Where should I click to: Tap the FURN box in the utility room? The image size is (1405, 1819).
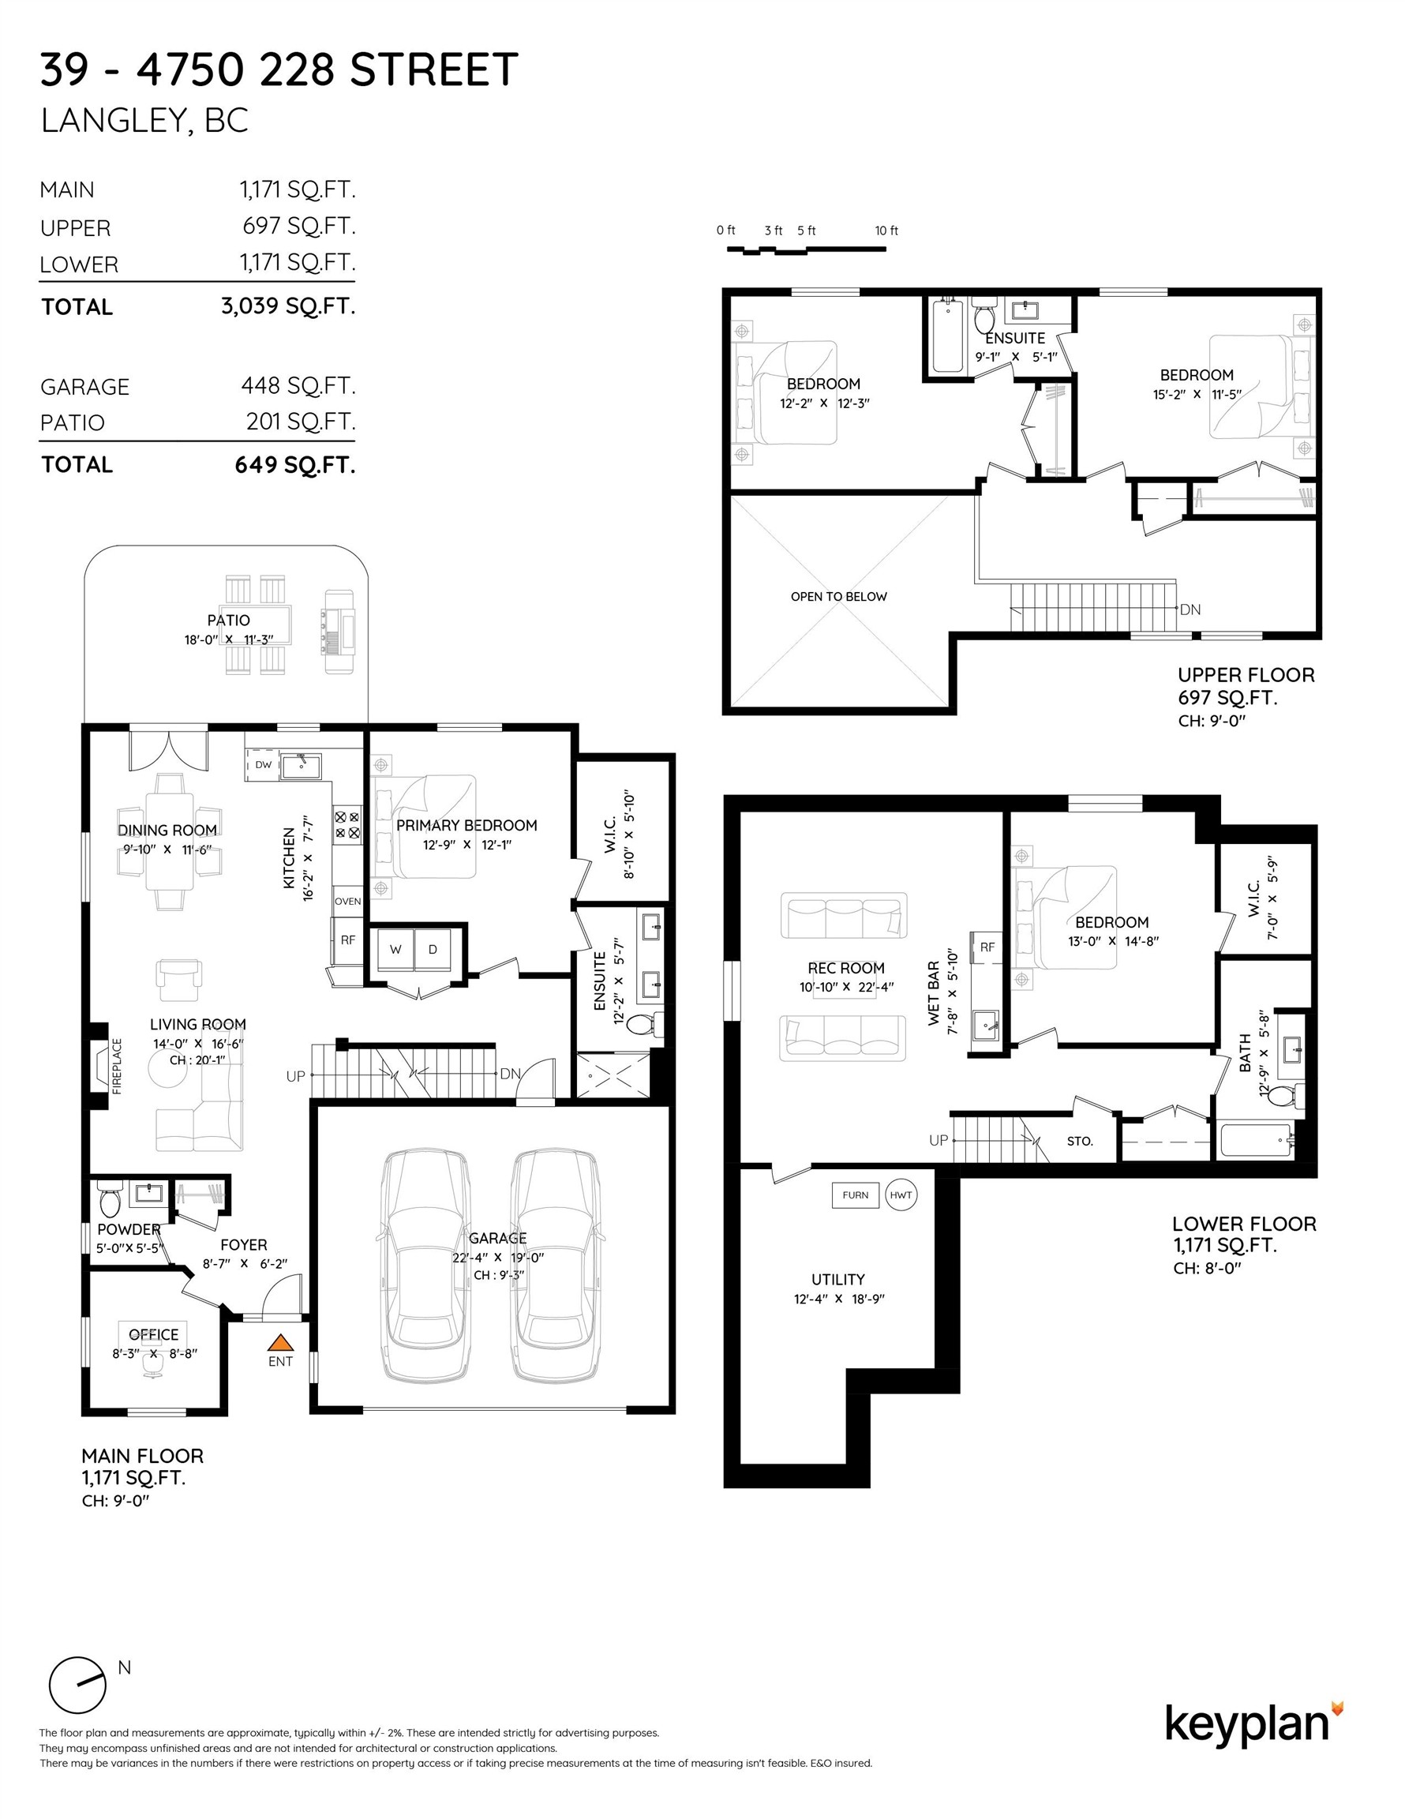pos(856,1195)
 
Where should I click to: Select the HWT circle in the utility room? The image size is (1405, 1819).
pos(901,1195)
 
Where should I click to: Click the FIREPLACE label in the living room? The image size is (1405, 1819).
pos(117,1066)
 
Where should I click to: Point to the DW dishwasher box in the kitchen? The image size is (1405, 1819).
pos(263,764)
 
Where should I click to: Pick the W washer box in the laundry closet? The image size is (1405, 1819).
pos(395,950)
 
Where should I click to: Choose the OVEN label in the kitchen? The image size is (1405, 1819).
pos(347,901)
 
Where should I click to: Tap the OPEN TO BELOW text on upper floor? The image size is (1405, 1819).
pos(839,596)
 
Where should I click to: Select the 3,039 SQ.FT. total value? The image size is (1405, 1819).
pos(288,306)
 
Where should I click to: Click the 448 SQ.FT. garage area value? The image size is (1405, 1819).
pos(298,385)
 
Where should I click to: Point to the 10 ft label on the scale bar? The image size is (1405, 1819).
pos(886,231)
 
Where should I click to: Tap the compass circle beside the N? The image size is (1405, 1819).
pos(77,1685)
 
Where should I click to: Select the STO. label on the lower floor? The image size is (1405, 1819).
pos(1079,1141)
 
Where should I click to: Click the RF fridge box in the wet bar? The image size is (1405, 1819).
pos(987,947)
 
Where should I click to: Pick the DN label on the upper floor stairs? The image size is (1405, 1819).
pos(1190,609)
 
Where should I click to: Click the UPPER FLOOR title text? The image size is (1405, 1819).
pos(1246,676)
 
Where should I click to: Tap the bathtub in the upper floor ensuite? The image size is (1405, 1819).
pos(947,336)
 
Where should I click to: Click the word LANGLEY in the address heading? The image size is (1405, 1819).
pos(111,121)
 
